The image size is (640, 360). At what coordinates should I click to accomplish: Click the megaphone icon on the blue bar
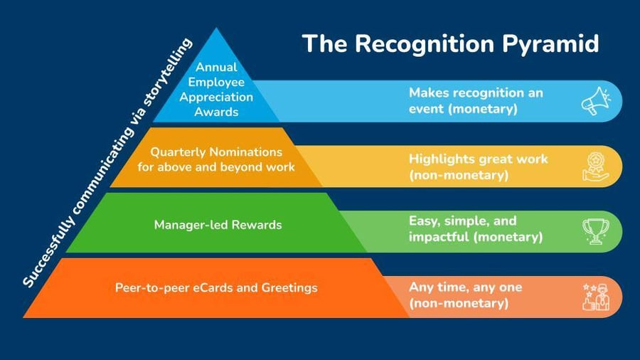(596, 101)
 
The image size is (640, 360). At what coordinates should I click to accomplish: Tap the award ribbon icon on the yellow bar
(596, 166)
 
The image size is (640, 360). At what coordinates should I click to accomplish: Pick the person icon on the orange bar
(596, 297)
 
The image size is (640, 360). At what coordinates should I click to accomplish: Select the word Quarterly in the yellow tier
(177, 152)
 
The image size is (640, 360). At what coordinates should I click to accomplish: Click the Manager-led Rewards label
(218, 225)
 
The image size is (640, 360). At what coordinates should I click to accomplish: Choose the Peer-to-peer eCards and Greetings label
(216, 288)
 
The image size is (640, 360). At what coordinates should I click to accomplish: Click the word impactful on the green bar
(437, 237)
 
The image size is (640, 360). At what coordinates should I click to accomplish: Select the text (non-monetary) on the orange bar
(459, 302)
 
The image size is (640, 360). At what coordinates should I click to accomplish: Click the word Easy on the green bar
(424, 221)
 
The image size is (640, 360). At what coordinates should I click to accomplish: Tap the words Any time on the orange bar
(435, 287)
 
